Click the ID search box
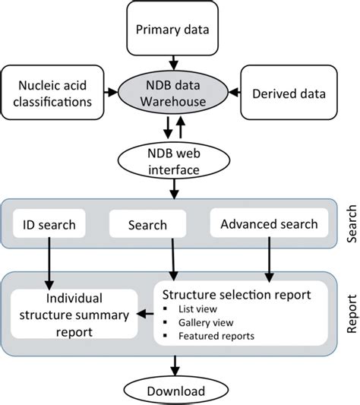pyautogui.click(x=50, y=224)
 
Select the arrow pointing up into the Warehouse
pyautogui.click(x=181, y=128)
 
